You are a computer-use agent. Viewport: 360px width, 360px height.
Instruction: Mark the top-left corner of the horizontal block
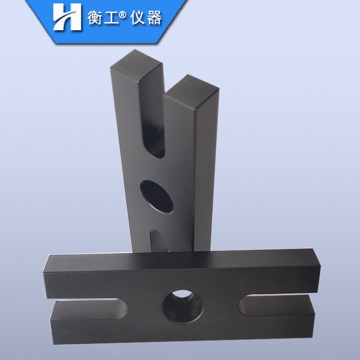coord(47,256)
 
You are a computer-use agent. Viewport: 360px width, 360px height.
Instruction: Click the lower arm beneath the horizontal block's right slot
coord(283,326)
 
